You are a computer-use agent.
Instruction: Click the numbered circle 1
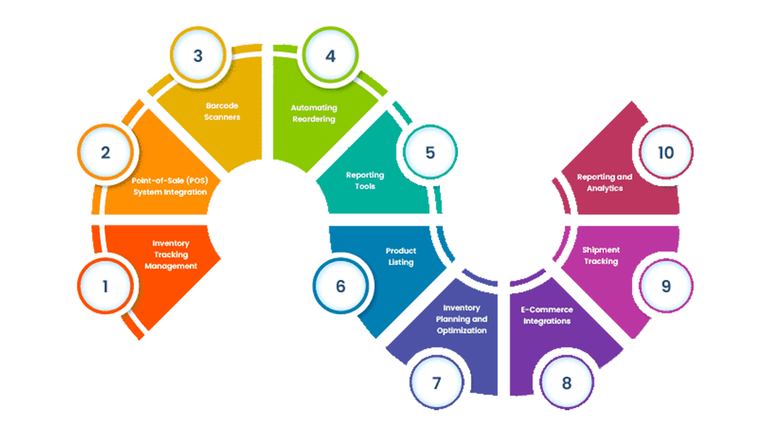point(106,286)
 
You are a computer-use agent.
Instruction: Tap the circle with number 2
point(106,152)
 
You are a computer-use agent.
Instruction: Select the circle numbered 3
point(198,55)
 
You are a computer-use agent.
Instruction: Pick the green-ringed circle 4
point(330,55)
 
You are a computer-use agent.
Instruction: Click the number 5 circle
point(430,152)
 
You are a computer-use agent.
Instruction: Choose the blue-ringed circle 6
point(341,286)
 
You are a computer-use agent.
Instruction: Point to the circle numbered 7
point(436,382)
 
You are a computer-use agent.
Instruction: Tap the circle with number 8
point(566,382)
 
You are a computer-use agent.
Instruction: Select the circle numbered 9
point(665,286)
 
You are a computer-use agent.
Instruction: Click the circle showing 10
point(665,152)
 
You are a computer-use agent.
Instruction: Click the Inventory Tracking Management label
point(171,255)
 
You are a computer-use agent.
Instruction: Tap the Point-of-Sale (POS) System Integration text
point(170,187)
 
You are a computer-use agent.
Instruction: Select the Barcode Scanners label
point(222,112)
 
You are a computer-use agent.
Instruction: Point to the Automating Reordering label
point(314,113)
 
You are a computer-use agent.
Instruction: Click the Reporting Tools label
point(365,181)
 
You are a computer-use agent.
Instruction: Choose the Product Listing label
point(401,256)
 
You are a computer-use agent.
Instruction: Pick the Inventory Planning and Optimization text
point(461,319)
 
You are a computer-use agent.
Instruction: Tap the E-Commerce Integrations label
point(547,315)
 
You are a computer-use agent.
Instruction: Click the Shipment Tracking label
point(601,256)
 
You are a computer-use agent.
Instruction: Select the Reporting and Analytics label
point(604,182)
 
